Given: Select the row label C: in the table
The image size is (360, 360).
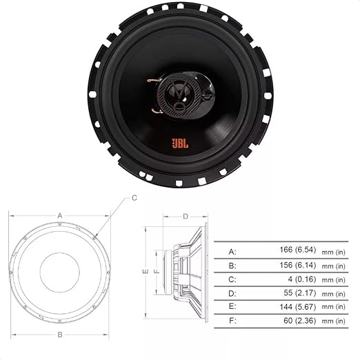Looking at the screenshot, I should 232,279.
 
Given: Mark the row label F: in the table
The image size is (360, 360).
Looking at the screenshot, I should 232,321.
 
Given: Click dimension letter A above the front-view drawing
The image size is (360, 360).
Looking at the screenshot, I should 60,215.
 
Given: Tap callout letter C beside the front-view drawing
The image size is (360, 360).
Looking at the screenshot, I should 134,198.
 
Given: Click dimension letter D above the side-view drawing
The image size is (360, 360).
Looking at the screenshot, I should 186,216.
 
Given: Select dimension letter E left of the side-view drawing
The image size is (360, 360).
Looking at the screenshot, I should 146,272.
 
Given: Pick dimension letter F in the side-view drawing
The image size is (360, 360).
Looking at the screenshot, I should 157,271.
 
